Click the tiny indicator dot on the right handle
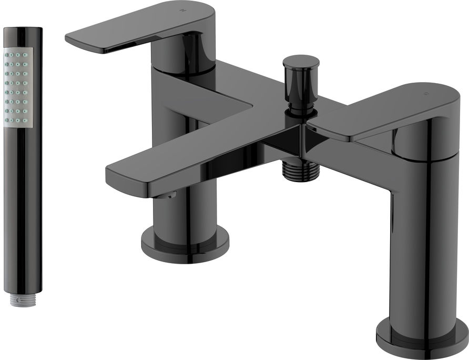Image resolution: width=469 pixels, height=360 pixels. point(426,95)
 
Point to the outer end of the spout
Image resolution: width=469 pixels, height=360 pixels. point(126,179)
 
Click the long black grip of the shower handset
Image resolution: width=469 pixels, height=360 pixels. point(22,211)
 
